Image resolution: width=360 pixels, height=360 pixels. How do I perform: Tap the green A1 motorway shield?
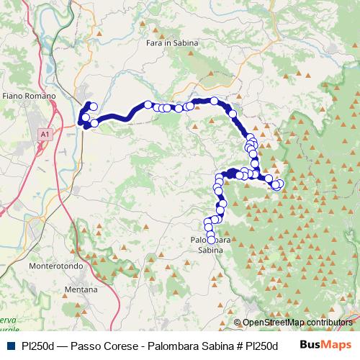(45, 133)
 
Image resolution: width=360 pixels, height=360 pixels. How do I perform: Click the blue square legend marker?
(9, 345)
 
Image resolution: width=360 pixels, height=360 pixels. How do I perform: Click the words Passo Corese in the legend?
(97, 345)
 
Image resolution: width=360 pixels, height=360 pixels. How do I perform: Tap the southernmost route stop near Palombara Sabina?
(211, 240)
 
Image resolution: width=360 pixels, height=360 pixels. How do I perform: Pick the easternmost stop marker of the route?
(279, 184)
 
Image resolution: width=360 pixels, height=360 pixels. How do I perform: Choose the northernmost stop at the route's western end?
(92, 107)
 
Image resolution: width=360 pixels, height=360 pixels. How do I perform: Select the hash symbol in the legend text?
(235, 345)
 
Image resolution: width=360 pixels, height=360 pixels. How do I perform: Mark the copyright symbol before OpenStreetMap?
(238, 323)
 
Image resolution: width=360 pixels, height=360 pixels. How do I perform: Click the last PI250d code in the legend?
(260, 345)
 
